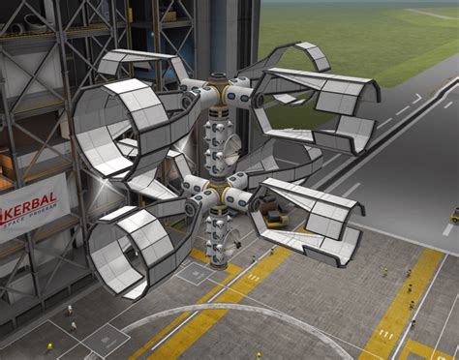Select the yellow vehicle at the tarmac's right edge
pyautogui.click(x=453, y=215)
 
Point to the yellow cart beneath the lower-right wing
pyautogui.click(x=276, y=218)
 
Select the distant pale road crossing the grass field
pyautogui.click(x=426, y=14)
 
